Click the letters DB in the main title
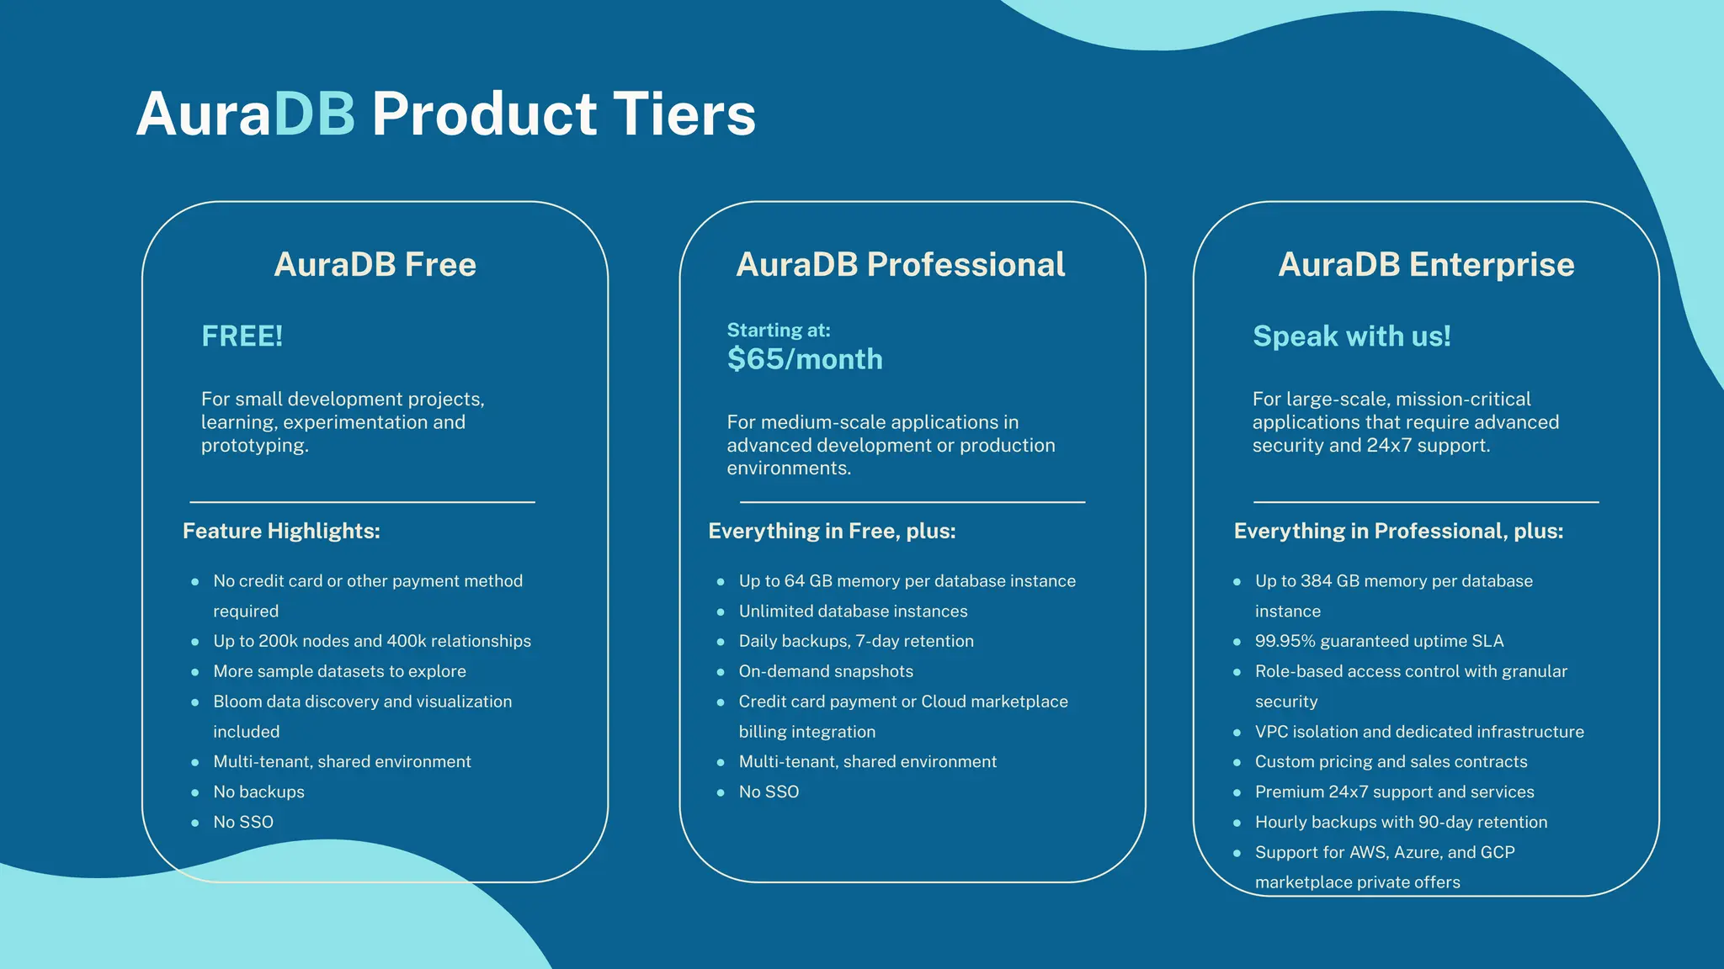coord(314,114)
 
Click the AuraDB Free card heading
coord(375,264)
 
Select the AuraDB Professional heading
coord(900,264)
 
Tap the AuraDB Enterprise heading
coord(1426,264)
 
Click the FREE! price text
coord(242,336)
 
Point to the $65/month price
coord(805,359)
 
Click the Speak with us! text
coord(1352,336)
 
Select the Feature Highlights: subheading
coord(281,531)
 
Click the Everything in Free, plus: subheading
coord(832,531)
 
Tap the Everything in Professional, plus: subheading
coord(1398,531)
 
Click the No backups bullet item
coord(258,792)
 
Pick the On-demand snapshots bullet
coord(826,671)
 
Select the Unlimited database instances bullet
coord(853,612)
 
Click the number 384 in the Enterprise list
coord(1317,581)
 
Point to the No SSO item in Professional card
coord(769,792)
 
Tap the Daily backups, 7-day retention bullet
coord(856,641)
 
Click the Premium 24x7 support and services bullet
coord(1394,792)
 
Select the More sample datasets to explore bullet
coord(339,671)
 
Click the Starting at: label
coord(779,330)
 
